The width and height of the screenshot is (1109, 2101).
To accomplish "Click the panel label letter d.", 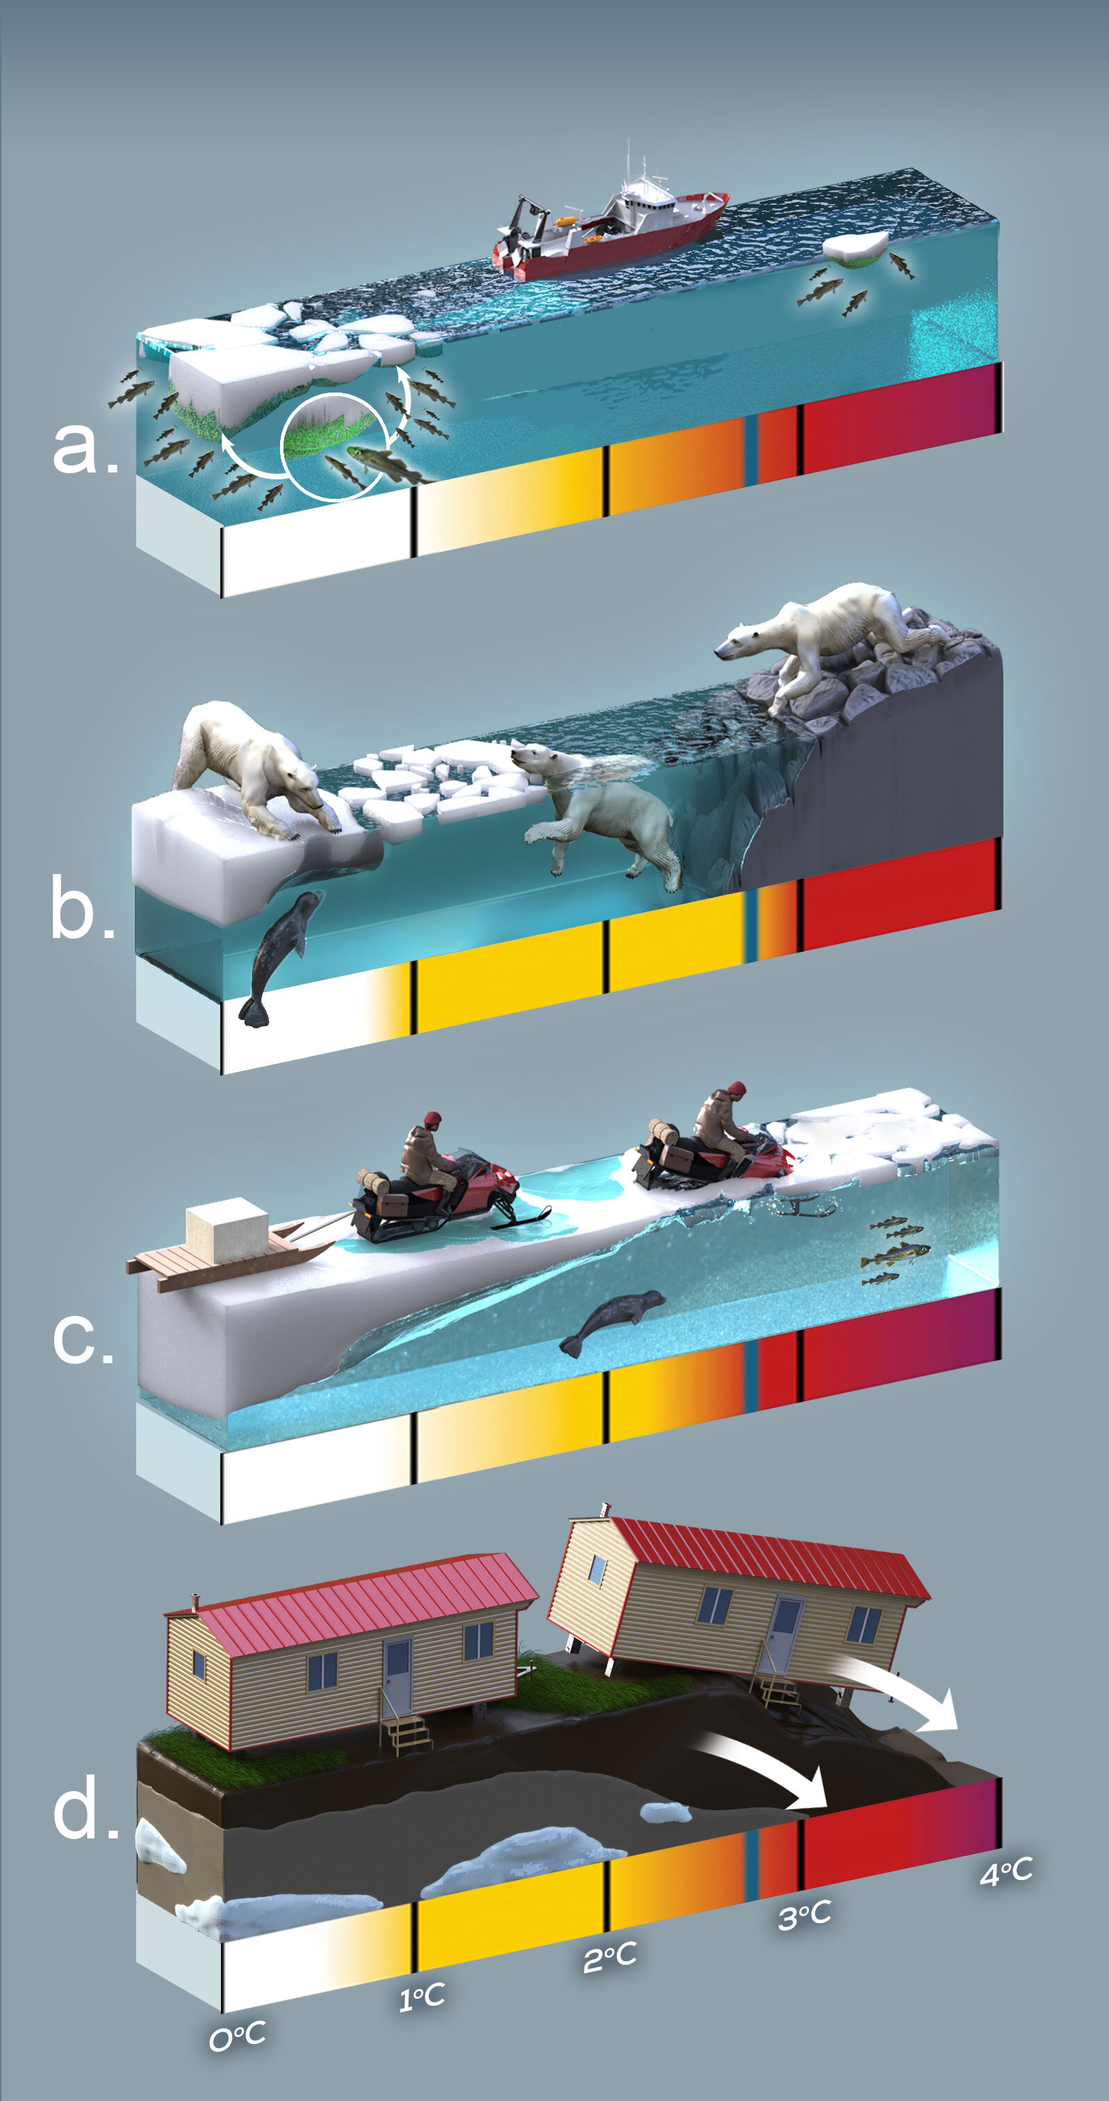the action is [x=83, y=1805].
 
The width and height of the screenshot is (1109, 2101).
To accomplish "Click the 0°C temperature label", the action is [x=237, y=2036].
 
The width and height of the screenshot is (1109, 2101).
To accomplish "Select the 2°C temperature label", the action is [x=609, y=1956].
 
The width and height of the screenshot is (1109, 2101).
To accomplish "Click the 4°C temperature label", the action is [x=1005, y=1872].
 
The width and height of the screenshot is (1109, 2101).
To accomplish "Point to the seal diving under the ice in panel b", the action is [x=277, y=954].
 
